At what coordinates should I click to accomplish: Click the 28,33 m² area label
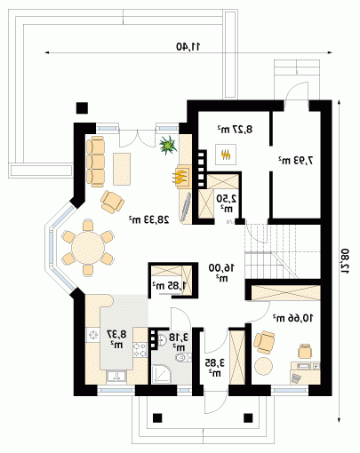point(149,219)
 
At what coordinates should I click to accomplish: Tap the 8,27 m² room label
point(235,129)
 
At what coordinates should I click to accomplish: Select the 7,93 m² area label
point(295,160)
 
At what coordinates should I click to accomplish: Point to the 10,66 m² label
point(292,318)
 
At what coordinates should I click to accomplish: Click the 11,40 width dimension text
point(188,46)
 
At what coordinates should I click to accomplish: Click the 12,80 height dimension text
point(345,261)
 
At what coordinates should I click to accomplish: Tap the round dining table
point(88,248)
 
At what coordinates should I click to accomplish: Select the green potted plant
point(168,145)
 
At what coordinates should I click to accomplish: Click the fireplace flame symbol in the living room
point(180,178)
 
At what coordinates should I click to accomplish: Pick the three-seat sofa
point(96,162)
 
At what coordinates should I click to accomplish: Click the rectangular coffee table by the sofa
point(122,169)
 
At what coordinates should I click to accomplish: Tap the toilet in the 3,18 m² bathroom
point(182,358)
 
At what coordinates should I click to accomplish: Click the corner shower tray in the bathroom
point(162,374)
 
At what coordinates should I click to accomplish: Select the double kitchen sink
point(116,376)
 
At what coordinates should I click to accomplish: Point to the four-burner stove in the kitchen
point(140,350)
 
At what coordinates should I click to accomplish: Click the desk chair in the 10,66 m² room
point(305,352)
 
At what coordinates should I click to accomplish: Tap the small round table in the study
point(264,366)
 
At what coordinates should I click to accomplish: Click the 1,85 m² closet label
point(170,286)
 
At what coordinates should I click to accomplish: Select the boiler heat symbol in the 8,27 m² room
point(226,155)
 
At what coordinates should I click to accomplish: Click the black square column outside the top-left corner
point(82,108)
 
